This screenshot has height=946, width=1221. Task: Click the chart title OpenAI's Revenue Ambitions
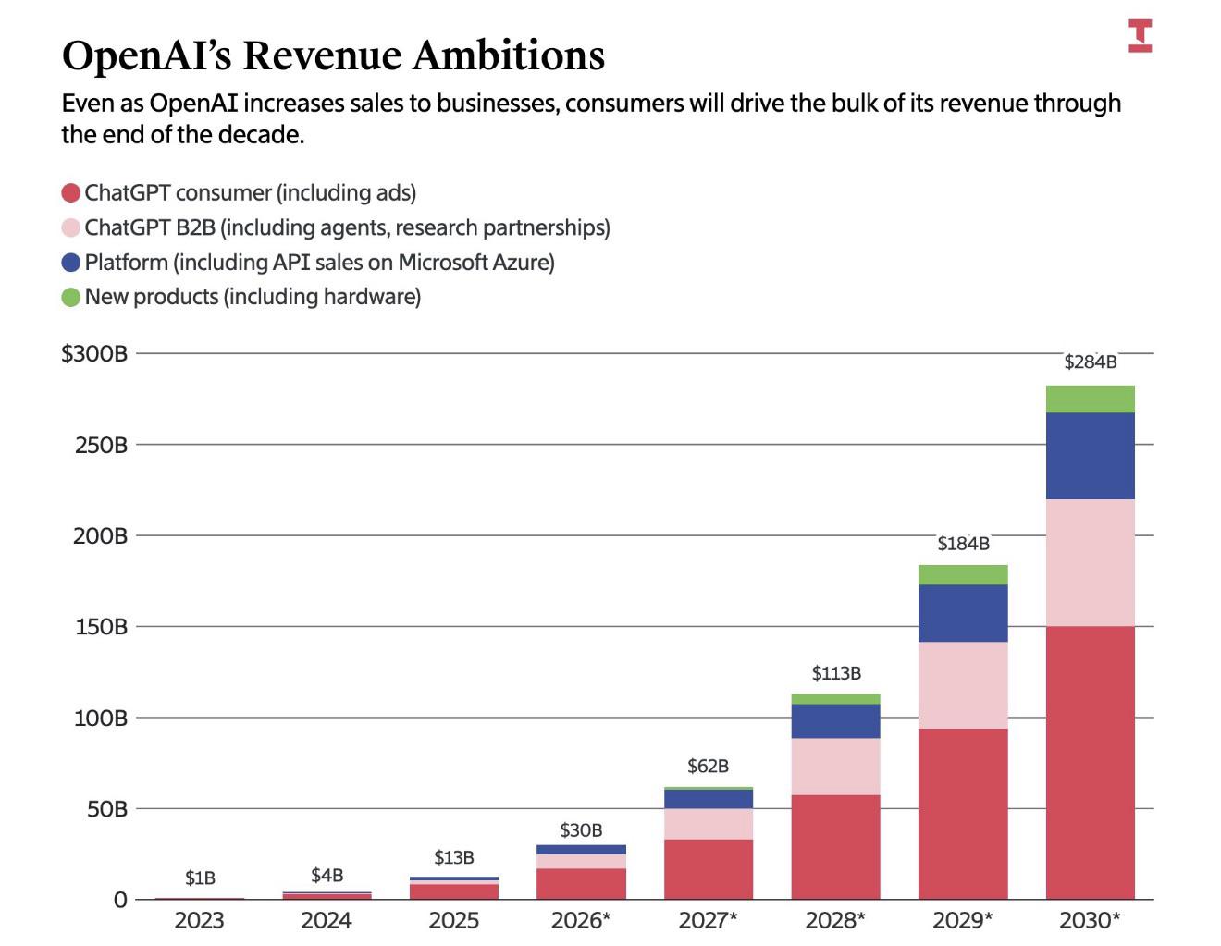coord(333,55)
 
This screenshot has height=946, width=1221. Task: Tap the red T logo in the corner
coord(1140,35)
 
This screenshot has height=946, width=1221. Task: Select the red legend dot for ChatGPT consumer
coord(71,193)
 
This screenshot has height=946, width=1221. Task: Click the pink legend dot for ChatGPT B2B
coord(71,227)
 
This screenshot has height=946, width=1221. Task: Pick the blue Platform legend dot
coord(71,263)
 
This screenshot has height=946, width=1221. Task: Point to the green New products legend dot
coord(71,297)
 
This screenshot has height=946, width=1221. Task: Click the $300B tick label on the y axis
coord(94,353)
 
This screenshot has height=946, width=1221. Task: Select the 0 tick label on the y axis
coord(120,900)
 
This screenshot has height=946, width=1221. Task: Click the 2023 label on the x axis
coord(199,921)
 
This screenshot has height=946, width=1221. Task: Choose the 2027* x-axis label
coord(708,921)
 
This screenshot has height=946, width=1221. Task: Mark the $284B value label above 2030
coord(1090,362)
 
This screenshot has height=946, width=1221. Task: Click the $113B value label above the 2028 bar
coord(835,673)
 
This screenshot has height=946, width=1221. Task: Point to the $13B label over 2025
coord(453,858)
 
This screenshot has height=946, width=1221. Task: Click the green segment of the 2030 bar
coord(1090,399)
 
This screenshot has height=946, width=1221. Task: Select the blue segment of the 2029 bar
coord(963,613)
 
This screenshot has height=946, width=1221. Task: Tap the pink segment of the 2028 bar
coord(835,767)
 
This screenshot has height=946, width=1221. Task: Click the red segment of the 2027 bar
coord(708,869)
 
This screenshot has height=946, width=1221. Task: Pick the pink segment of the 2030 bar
coord(1090,563)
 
